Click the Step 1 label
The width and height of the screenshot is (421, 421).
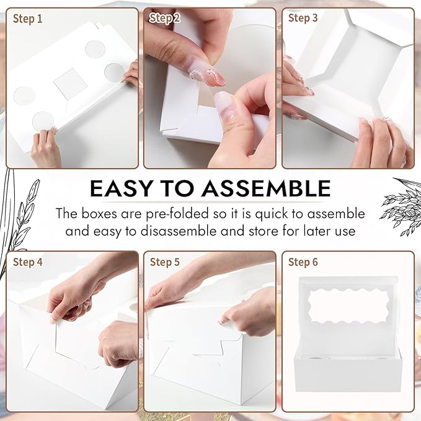(x=28, y=19)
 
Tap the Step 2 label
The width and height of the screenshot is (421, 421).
(x=165, y=19)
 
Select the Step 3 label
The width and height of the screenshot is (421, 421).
(x=303, y=18)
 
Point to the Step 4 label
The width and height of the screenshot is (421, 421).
(x=28, y=262)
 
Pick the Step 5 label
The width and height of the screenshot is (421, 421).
(x=165, y=262)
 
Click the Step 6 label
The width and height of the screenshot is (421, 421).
(x=303, y=262)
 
